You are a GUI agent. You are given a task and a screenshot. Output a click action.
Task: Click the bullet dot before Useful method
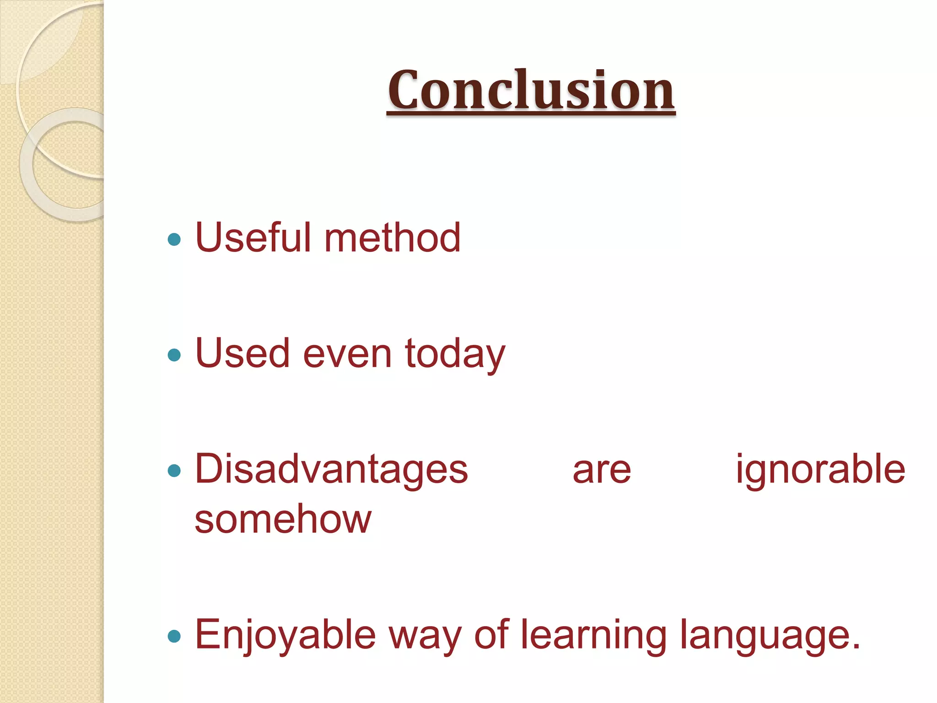(x=174, y=239)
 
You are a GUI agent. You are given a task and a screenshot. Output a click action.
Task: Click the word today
(x=455, y=355)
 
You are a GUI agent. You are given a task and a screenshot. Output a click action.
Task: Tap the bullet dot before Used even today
(x=174, y=355)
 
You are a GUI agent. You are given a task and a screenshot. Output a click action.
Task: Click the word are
(x=602, y=471)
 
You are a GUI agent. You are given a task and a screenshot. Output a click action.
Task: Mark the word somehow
(x=283, y=519)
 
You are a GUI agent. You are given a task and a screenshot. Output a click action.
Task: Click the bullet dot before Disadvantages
(x=174, y=470)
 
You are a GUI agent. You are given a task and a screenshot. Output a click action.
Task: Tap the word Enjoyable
(x=285, y=635)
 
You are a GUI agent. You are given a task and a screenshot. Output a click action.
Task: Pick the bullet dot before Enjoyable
(x=174, y=636)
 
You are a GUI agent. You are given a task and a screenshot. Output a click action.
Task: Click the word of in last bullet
(x=491, y=634)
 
